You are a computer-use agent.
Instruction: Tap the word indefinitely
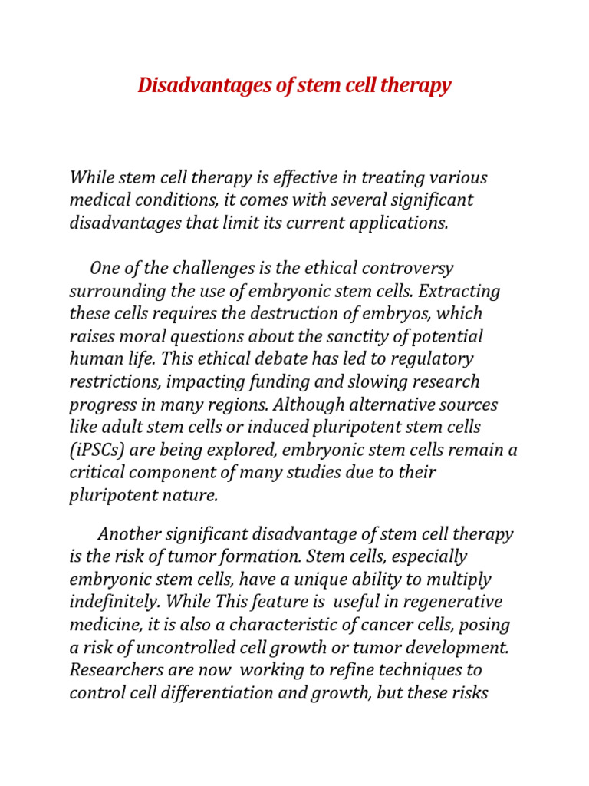114,603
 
